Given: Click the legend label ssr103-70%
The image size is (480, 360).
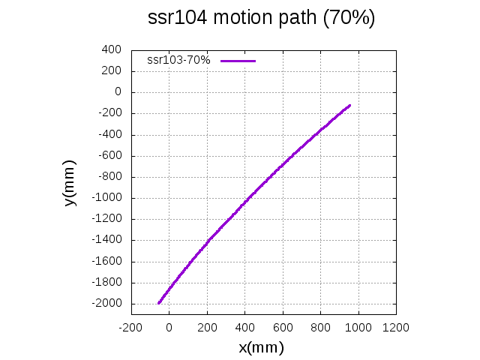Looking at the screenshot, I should click(x=178, y=60).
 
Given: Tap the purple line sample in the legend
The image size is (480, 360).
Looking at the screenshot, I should click(x=238, y=60).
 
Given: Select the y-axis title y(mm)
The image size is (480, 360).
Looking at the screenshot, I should click(x=69, y=183).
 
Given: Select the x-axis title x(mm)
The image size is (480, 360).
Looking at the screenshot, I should click(x=261, y=347).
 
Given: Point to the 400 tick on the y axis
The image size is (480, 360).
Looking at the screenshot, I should click(x=112, y=49).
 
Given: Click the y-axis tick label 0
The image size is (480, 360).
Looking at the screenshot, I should click(x=118, y=91).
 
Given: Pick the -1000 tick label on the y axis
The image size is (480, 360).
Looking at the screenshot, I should click(x=106, y=198).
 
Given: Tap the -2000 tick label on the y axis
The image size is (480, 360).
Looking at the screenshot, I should click(x=106, y=304).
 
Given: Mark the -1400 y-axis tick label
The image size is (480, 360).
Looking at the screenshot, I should click(x=106, y=240).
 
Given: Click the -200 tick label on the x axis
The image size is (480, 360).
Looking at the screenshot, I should click(x=130, y=327).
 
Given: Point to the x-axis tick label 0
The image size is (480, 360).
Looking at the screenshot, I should click(x=169, y=327).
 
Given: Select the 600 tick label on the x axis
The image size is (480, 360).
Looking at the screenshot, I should click(x=283, y=327).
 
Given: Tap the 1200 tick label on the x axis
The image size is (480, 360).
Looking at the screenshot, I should click(x=396, y=327).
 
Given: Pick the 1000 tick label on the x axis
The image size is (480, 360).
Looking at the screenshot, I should click(x=358, y=327).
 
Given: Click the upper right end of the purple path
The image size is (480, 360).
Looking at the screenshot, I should click(x=349, y=106).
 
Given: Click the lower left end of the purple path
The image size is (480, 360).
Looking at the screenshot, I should click(x=159, y=303).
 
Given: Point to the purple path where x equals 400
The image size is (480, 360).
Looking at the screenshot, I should click(x=245, y=201).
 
